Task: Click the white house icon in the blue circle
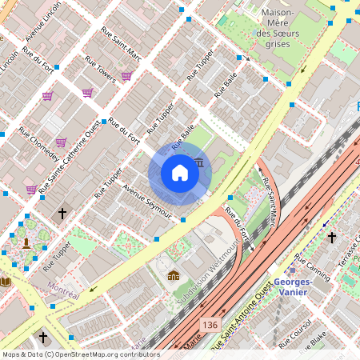click(180, 173)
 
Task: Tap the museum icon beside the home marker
click(198, 163)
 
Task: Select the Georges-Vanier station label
click(298, 287)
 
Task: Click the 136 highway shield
click(210, 324)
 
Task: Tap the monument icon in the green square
click(26, 242)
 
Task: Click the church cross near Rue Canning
click(331, 238)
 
